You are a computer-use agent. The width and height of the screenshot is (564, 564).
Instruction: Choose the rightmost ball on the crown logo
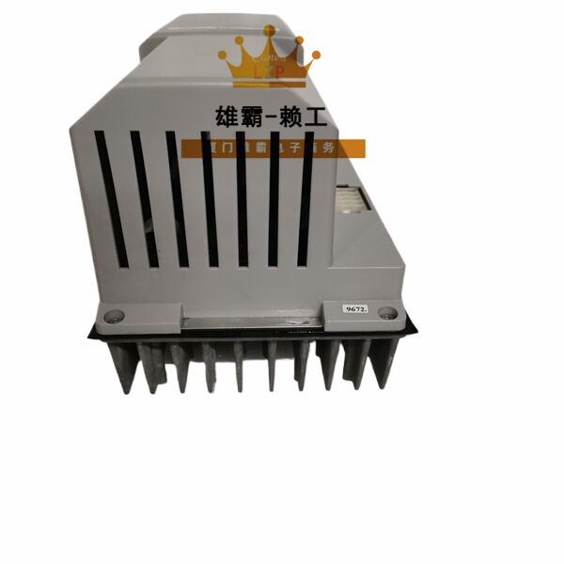(x=316, y=55)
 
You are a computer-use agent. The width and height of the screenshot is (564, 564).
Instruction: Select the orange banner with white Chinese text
(x=273, y=148)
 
